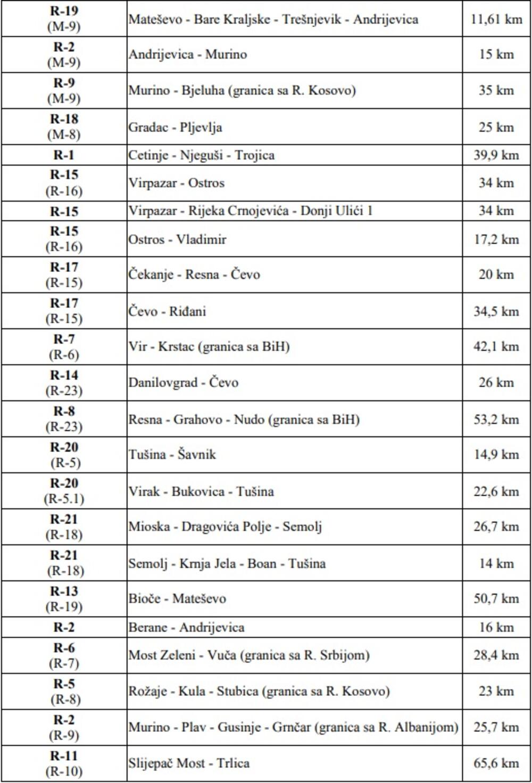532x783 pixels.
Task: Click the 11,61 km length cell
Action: point(496,20)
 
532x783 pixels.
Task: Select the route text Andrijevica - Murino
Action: point(188,54)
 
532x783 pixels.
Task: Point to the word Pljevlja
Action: point(201,128)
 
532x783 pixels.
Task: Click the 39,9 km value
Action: point(496,155)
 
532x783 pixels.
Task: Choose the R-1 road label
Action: point(64,155)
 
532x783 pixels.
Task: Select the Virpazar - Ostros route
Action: point(177,183)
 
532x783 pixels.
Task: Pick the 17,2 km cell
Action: point(496,239)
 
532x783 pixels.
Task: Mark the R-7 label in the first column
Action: point(64,339)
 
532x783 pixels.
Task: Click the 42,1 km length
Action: point(496,347)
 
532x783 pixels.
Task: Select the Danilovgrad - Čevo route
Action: point(184,382)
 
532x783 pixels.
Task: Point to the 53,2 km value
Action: point(496,419)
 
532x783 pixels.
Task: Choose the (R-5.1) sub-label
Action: point(64,499)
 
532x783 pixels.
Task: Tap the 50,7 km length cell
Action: point(496,598)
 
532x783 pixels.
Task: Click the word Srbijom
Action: point(344,655)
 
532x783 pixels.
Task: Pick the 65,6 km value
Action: point(496,763)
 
